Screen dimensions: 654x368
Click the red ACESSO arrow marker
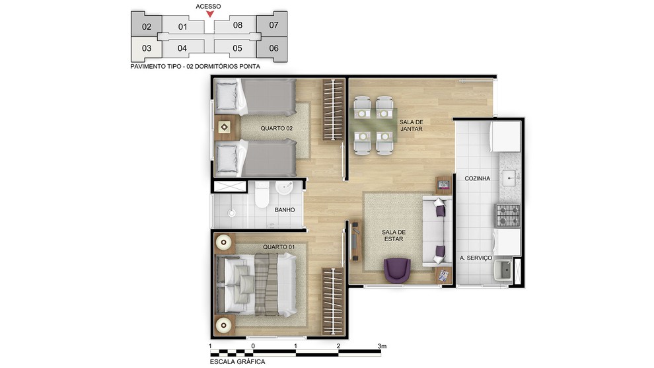click(x=210, y=14)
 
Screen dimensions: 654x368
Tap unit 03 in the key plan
click(x=146, y=48)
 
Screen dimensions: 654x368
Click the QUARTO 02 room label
click(x=277, y=129)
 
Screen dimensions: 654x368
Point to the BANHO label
click(x=285, y=210)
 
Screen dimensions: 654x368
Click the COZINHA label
click(x=477, y=178)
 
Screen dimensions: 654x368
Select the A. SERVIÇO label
click(x=476, y=258)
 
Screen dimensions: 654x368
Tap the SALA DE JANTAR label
click(x=412, y=125)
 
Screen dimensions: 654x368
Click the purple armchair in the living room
click(x=397, y=270)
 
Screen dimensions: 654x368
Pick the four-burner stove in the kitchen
click(x=507, y=215)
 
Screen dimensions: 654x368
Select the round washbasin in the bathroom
click(x=285, y=188)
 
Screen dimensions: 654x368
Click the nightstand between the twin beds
click(x=225, y=127)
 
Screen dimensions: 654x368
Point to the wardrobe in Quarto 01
click(x=333, y=301)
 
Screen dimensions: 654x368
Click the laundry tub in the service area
click(x=503, y=270)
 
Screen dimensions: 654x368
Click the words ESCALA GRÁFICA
click(x=237, y=362)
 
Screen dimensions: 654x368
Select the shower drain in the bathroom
click(x=231, y=213)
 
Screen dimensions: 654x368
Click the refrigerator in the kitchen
click(x=505, y=137)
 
